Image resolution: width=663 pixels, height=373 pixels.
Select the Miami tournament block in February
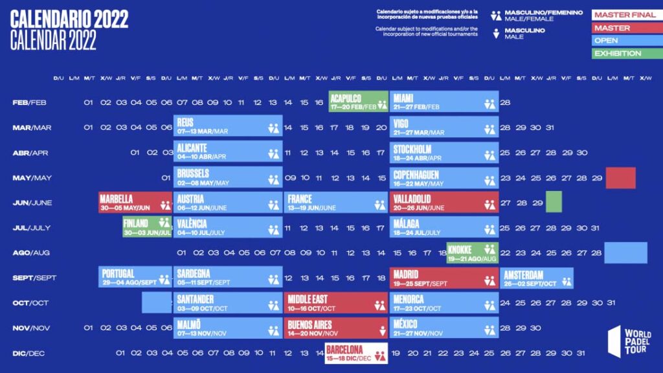point(444,102)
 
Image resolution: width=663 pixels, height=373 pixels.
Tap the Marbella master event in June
point(135,202)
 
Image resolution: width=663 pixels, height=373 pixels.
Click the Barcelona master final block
point(356,353)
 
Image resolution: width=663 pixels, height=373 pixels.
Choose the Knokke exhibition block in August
point(472,253)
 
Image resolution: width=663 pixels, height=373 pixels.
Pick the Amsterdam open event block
point(537,278)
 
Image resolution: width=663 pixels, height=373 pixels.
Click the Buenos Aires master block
point(335,328)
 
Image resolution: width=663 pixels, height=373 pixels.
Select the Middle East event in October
point(335,302)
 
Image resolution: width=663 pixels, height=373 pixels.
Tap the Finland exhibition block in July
point(147,227)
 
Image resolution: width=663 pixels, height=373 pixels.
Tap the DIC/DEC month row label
point(29,353)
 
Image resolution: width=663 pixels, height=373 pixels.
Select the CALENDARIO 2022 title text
point(69,18)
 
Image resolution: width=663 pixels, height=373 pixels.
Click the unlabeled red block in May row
point(620,177)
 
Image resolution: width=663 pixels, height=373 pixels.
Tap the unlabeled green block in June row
point(554,201)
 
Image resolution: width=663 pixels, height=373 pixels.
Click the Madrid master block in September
point(444,278)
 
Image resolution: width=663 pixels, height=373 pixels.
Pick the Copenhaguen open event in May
point(444,177)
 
